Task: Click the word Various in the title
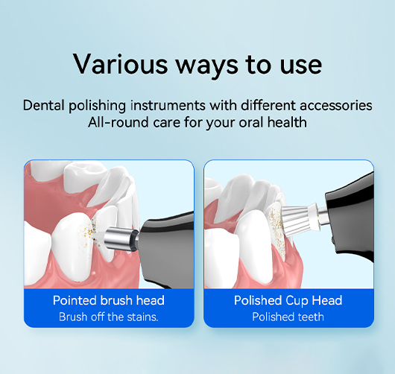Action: [121, 64]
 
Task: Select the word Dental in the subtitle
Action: [44, 105]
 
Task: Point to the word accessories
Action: [336, 106]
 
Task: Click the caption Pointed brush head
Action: [109, 300]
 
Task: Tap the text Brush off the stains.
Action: [109, 317]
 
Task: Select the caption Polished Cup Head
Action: [288, 301]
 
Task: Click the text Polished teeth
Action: [288, 317]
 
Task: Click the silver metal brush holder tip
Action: [121, 238]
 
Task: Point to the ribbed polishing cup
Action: [300, 218]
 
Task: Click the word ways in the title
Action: [206, 66]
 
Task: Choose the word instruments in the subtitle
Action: [168, 105]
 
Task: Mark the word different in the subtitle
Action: [268, 105]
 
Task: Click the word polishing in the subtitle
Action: [97, 106]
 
